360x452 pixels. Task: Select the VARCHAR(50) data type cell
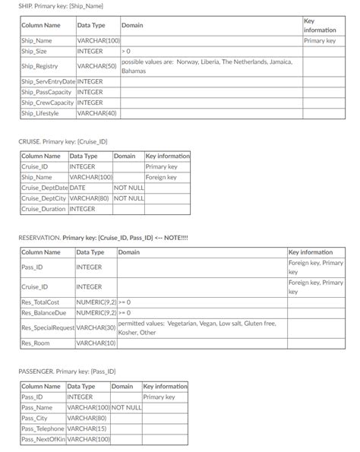tap(97, 66)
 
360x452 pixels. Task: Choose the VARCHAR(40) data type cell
tap(97, 113)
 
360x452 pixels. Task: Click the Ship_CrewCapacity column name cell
tap(48, 103)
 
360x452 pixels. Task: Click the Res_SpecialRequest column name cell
tap(48, 327)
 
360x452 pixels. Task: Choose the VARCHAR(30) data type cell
tap(96, 327)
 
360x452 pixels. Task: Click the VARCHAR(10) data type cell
tap(96, 343)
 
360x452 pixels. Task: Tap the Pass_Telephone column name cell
tap(43, 428)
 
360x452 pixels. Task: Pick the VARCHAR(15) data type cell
tap(85, 428)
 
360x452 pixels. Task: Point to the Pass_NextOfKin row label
tap(43, 439)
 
